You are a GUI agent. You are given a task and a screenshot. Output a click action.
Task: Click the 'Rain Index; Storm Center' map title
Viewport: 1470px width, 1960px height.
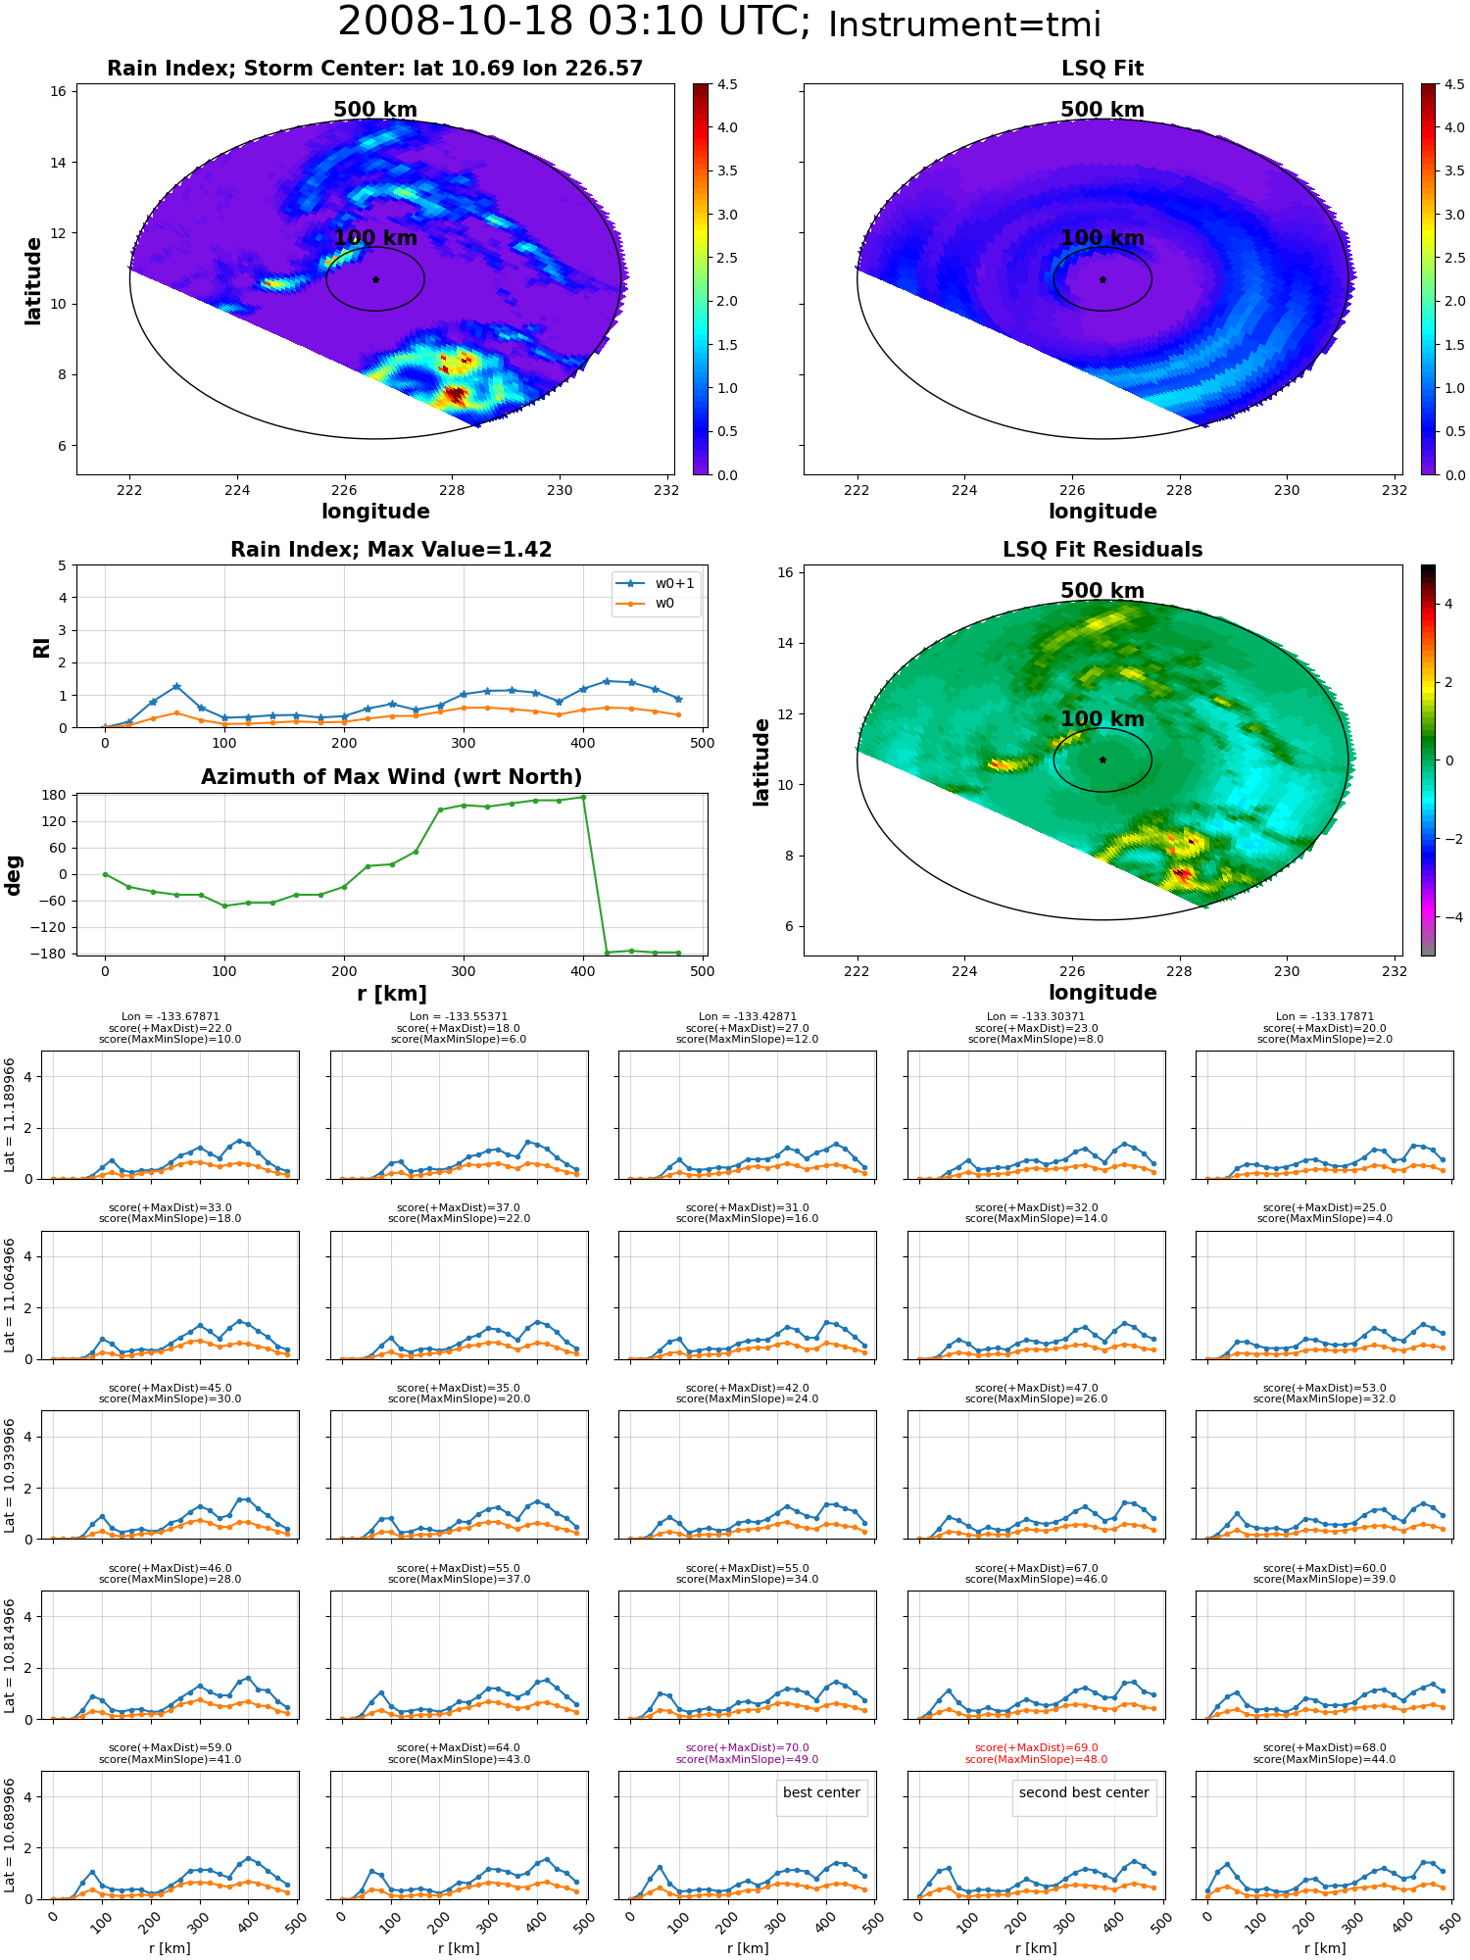tap(375, 69)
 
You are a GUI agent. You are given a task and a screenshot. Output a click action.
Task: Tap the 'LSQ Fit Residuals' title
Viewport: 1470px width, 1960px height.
tap(1102, 550)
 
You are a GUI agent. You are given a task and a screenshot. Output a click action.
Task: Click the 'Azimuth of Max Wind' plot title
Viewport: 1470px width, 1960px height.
tap(391, 777)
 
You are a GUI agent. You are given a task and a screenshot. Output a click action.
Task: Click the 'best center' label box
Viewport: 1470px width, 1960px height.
tap(821, 1793)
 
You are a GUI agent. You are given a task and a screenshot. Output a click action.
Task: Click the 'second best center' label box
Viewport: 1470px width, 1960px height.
tap(1083, 1793)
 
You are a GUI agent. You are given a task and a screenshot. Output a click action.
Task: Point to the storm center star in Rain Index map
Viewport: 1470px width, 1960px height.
tap(375, 279)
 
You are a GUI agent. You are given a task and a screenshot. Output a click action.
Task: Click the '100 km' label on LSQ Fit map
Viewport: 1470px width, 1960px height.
tap(1102, 238)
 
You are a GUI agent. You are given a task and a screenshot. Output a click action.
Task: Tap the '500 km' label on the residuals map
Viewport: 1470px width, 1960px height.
tap(1102, 591)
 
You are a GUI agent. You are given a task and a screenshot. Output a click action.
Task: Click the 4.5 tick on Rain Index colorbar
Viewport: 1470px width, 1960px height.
tap(727, 84)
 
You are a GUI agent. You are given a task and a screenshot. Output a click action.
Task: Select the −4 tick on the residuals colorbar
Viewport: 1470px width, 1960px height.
tap(1447, 917)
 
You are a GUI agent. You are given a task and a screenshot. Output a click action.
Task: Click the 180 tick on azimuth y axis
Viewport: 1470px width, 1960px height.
tap(55, 795)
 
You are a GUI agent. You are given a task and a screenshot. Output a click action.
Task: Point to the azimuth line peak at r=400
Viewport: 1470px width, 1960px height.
tap(583, 797)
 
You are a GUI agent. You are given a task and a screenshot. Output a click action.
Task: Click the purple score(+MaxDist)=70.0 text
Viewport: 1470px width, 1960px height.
tap(747, 1747)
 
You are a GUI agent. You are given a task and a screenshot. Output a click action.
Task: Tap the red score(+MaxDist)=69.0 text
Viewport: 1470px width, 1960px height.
tap(1036, 1747)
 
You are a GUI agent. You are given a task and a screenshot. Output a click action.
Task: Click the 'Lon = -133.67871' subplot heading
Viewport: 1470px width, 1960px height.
tap(171, 1017)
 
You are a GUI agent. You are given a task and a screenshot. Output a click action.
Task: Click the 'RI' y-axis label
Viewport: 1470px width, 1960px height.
tap(41, 647)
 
